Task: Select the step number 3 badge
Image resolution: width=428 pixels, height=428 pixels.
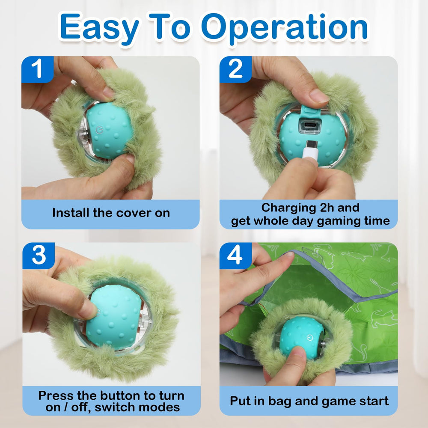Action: coord(39,256)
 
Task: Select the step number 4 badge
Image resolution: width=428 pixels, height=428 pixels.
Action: coord(235,256)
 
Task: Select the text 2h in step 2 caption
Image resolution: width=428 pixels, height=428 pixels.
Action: coord(329,208)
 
